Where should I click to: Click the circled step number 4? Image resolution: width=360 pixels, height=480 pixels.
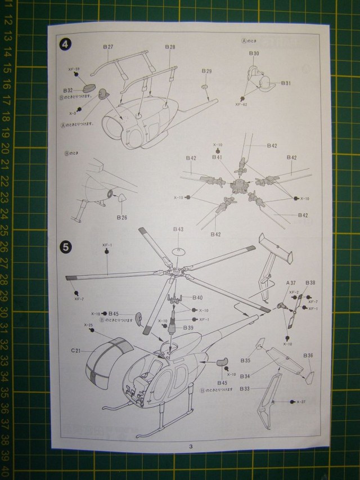(66, 44)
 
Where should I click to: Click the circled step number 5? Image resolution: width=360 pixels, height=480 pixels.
(66, 246)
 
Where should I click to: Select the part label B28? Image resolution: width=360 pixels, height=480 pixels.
(170, 47)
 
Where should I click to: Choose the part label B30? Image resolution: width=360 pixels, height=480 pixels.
(254, 53)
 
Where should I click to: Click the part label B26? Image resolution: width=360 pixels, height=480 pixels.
(122, 217)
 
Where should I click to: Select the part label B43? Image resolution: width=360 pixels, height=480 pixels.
(178, 229)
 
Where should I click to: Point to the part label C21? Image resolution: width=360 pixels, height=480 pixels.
(76, 351)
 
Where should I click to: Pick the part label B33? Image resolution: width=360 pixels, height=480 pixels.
(245, 388)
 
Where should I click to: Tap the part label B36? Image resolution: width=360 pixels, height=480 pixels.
(308, 356)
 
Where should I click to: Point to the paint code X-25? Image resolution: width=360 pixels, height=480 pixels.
(88, 325)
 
